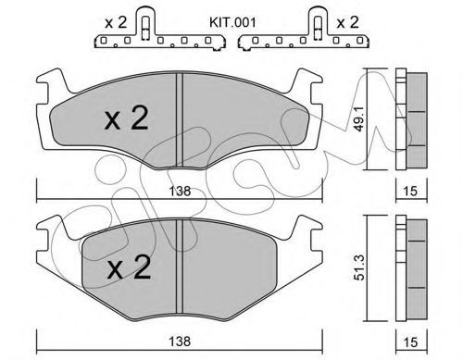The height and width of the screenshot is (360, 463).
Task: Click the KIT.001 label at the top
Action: click(x=232, y=22)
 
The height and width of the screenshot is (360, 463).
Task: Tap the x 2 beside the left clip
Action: click(x=116, y=22)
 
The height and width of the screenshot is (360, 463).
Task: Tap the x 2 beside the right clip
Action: click(x=347, y=22)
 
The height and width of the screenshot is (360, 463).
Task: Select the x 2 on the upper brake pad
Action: click(x=126, y=118)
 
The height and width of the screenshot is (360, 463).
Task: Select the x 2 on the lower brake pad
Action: click(x=129, y=267)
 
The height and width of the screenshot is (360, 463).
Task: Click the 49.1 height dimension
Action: click(x=359, y=118)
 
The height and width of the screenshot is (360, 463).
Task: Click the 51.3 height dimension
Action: click(x=359, y=267)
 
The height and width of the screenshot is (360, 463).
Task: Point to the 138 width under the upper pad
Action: click(x=180, y=192)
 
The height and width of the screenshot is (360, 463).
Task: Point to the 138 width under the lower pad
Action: click(x=180, y=341)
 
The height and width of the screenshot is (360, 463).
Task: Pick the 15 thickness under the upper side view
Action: click(x=410, y=192)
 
